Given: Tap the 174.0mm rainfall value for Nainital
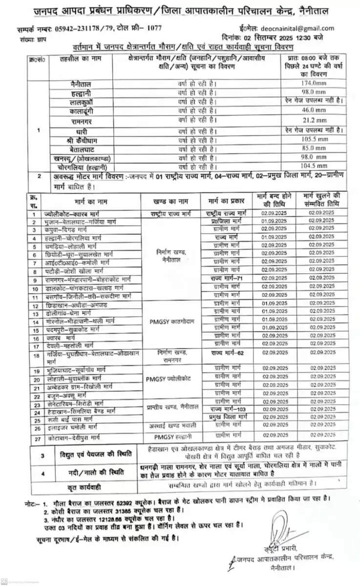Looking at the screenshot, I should point(314,84).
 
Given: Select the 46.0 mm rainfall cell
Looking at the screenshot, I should point(314,111).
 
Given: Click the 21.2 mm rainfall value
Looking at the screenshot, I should point(314,120).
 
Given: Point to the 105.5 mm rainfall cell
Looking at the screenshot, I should point(314,139).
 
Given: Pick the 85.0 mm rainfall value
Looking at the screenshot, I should point(314,148).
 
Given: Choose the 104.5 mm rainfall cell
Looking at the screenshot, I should point(314,167).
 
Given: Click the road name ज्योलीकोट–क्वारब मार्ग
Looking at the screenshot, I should point(67,214).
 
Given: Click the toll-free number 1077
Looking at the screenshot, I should point(155,28).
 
